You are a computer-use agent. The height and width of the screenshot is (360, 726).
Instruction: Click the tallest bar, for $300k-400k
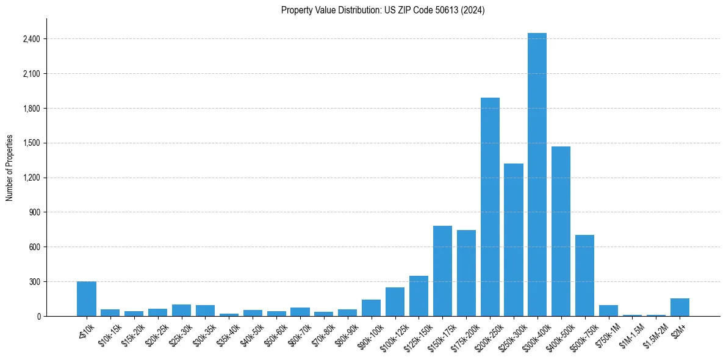(537, 175)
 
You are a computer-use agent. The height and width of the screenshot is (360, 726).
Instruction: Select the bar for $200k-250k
(490, 207)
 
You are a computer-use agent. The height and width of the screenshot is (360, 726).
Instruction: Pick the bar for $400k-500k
(561, 231)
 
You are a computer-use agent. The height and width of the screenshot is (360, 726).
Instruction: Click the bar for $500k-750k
(584, 275)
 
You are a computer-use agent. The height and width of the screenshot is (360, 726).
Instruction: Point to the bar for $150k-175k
(442, 271)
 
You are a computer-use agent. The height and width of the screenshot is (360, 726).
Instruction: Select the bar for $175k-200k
(466, 273)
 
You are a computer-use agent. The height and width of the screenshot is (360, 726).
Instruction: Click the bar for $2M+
(680, 307)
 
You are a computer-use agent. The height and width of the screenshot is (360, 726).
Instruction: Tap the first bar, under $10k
(87, 299)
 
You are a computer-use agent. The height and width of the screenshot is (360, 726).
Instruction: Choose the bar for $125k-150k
(419, 296)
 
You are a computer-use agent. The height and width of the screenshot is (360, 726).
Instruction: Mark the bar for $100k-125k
(395, 301)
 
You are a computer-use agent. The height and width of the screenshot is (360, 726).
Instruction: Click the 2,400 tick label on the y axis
(31, 39)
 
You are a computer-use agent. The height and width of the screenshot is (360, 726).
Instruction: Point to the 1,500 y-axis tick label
(31, 143)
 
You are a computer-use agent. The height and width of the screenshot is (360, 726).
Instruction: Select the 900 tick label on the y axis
(35, 212)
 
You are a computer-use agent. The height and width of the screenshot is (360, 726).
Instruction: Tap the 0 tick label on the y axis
(38, 317)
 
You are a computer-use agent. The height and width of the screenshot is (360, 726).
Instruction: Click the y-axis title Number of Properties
(10, 168)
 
